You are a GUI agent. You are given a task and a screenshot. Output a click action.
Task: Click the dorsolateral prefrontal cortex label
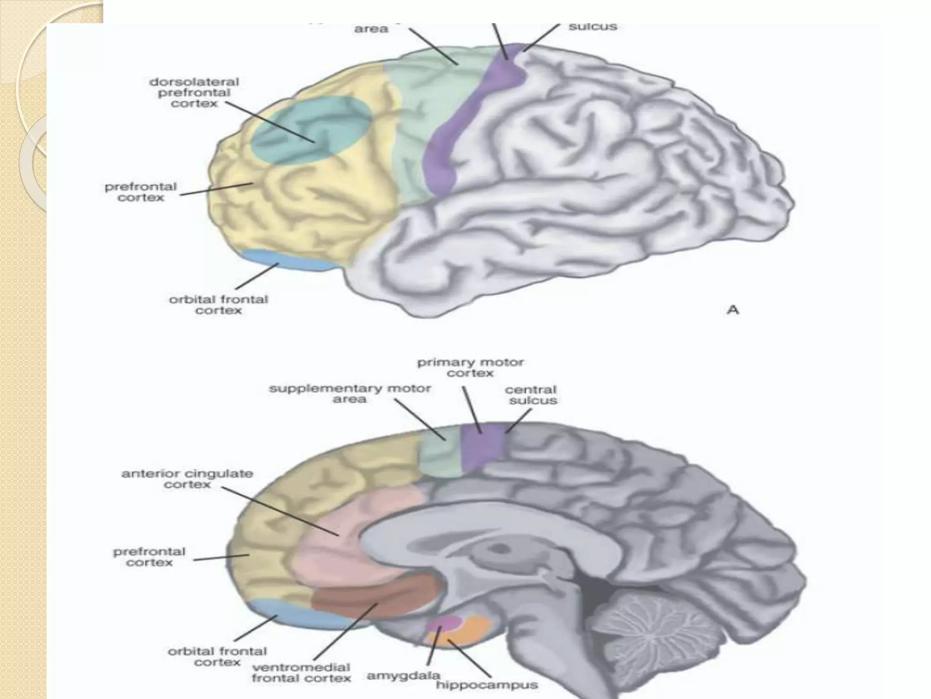click(x=194, y=93)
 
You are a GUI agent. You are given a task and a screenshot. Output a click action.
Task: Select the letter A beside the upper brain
click(x=733, y=310)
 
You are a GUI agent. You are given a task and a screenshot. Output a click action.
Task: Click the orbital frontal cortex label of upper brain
click(x=219, y=305)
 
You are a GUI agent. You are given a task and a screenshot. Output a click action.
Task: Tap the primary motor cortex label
click(x=471, y=368)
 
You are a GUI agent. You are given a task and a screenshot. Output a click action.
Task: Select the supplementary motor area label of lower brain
click(x=350, y=394)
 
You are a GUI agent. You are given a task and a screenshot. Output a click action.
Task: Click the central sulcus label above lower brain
click(x=531, y=395)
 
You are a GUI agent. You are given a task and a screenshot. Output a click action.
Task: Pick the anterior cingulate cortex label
click(x=187, y=479)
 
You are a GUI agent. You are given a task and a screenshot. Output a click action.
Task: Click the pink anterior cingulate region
click(x=336, y=537)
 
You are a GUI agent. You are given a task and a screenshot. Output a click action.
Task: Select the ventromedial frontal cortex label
click(x=301, y=673)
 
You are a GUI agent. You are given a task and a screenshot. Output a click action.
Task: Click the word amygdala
click(x=403, y=676)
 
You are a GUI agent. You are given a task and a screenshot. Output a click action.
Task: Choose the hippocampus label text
click(x=487, y=684)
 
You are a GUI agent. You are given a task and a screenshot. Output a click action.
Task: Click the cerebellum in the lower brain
click(x=655, y=637)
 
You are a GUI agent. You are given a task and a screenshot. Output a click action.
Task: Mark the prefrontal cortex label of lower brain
click(x=149, y=557)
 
